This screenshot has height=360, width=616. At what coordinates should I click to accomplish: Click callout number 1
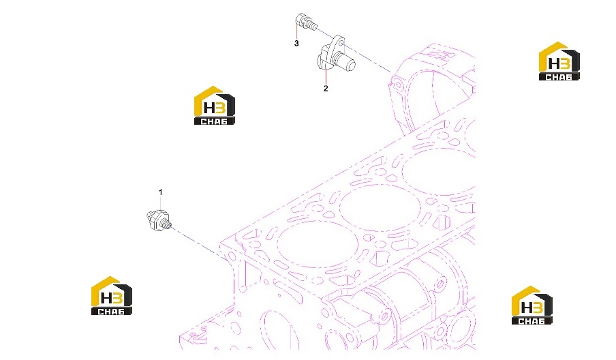(x=160, y=192)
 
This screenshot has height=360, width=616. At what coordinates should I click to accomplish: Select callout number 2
(x=326, y=89)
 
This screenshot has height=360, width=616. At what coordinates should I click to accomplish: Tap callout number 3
(x=296, y=43)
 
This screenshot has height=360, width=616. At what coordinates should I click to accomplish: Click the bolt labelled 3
(x=305, y=21)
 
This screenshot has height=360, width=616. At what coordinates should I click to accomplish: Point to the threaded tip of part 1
(x=167, y=225)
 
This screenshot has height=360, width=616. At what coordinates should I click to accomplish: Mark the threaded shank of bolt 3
(x=312, y=26)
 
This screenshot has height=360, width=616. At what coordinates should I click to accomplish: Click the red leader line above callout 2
(x=326, y=76)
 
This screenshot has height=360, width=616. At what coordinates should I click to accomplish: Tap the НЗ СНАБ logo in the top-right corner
(x=559, y=61)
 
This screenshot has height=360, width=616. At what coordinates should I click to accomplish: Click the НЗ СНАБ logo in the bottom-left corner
(x=112, y=295)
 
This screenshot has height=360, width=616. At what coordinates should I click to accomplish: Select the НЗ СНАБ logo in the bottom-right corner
(x=532, y=305)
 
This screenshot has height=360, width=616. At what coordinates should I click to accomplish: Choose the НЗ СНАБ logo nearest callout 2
(x=215, y=106)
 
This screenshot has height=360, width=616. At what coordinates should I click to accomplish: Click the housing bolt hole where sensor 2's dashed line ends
(x=397, y=85)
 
